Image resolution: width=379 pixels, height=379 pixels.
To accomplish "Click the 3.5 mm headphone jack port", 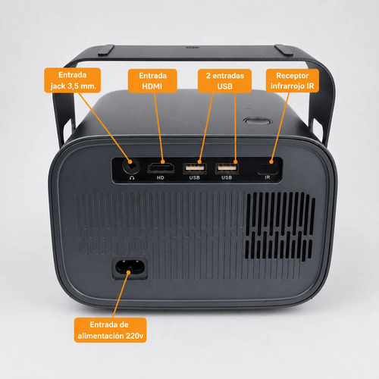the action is [131, 166].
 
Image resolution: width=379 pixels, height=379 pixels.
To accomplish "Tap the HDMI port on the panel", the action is [161, 168].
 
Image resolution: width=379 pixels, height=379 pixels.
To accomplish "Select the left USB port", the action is [195, 168].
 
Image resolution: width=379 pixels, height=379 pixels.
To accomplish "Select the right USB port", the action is [227, 168].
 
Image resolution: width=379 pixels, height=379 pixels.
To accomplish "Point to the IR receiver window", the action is [268, 168].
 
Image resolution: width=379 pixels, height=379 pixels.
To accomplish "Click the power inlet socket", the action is [130, 268].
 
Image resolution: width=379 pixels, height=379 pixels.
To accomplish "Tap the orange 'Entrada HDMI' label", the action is [152, 81].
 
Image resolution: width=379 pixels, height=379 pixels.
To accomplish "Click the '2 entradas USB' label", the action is [224, 81].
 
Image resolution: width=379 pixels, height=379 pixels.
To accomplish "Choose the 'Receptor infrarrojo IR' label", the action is [293, 80].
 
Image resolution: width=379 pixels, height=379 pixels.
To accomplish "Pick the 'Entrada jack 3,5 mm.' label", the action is [73, 80].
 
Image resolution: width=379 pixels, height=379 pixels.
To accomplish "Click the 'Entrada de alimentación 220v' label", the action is [110, 330].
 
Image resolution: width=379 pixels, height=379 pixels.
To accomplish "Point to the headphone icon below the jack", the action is [132, 178].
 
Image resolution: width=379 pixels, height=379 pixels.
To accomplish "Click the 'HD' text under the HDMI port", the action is [161, 177].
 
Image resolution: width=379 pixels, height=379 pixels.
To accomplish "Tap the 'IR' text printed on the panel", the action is [268, 177].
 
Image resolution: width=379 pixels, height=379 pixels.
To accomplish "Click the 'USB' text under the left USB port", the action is [195, 177].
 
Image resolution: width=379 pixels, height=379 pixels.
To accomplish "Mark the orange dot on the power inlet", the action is [129, 272].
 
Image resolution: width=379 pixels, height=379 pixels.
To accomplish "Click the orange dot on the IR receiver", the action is [271, 161].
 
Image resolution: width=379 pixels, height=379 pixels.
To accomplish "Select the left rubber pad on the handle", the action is [106, 50].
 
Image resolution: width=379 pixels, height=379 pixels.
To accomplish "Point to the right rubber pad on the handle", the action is [284, 50].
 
